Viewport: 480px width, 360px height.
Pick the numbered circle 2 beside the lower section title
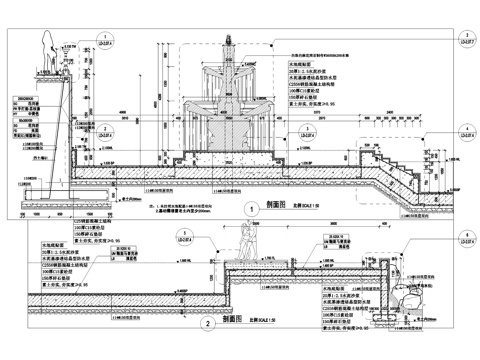click(x=207, y=323)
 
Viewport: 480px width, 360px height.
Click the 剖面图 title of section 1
click(x=277, y=203)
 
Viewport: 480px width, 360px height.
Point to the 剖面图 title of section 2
click(x=232, y=320)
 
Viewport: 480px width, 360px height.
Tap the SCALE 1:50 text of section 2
click(x=265, y=321)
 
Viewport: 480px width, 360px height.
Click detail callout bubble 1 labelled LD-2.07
click(x=105, y=43)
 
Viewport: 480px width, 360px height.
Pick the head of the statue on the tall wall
click(x=46, y=32)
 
